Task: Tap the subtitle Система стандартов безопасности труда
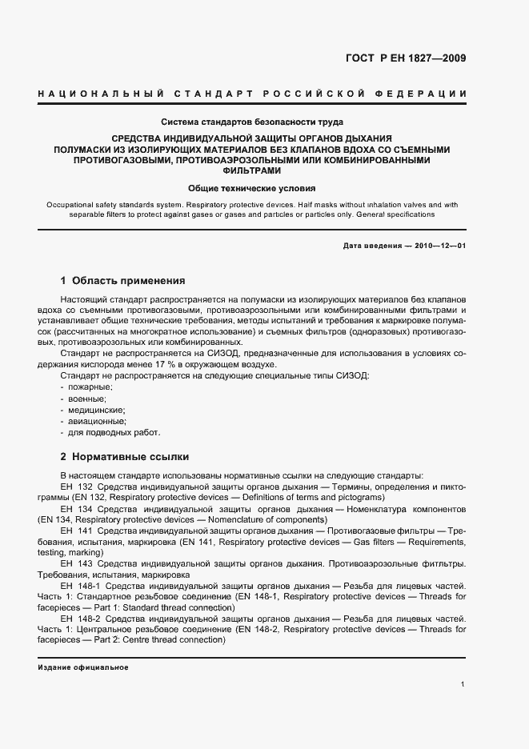pyautogui.click(x=252, y=122)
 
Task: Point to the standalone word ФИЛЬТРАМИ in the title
pyautogui.click(x=252, y=171)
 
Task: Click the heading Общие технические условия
pyautogui.click(x=252, y=189)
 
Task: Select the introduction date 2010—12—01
pyautogui.click(x=439, y=246)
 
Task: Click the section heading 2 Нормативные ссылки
pyautogui.click(x=125, y=457)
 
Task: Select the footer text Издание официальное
pyautogui.click(x=83, y=667)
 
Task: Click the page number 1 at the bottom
pyautogui.click(x=463, y=684)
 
